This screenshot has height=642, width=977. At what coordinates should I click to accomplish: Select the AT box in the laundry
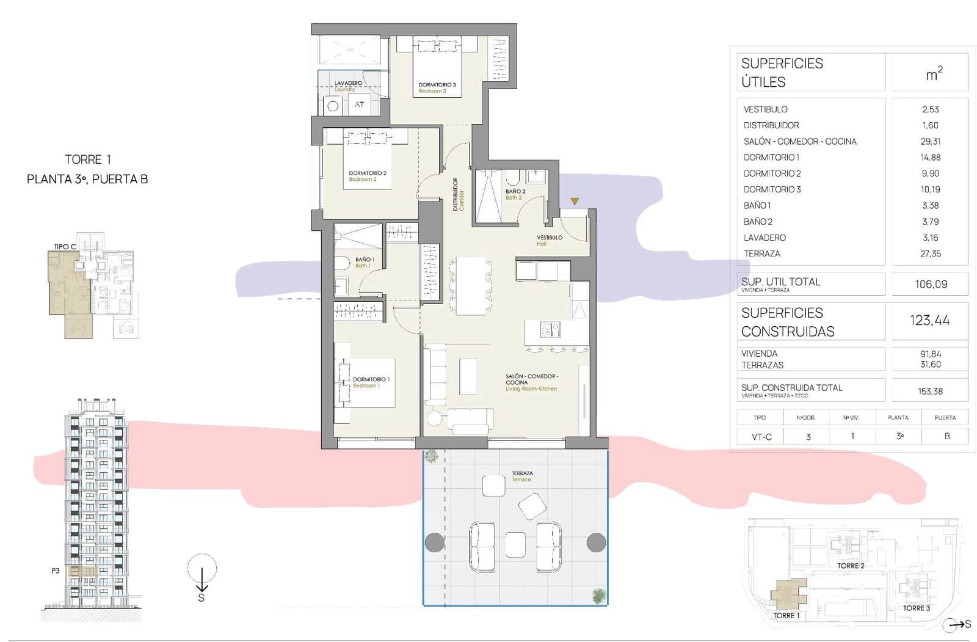360,104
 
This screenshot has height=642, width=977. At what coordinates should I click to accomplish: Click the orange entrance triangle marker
575,201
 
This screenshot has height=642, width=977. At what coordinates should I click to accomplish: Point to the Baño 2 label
515,194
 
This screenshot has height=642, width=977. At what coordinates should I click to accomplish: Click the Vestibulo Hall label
549,240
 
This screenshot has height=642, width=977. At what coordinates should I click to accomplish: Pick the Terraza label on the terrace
522,476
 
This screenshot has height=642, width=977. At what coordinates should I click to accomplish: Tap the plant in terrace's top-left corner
432,456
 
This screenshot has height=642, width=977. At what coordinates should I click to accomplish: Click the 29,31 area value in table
930,141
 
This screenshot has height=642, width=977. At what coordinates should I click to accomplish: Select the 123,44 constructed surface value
929,320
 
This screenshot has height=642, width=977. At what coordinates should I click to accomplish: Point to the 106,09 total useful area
931,284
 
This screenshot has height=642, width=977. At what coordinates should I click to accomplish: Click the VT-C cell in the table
761,437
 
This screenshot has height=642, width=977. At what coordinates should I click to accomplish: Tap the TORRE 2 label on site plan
850,566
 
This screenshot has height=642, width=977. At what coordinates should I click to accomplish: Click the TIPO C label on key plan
65,247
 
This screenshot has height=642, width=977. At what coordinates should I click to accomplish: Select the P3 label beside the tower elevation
56,571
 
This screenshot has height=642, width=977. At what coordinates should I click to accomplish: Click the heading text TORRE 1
88,159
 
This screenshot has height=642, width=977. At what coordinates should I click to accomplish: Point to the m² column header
934,73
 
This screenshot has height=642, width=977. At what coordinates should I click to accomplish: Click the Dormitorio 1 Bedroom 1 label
371,382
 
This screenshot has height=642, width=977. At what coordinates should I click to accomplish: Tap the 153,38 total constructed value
930,391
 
